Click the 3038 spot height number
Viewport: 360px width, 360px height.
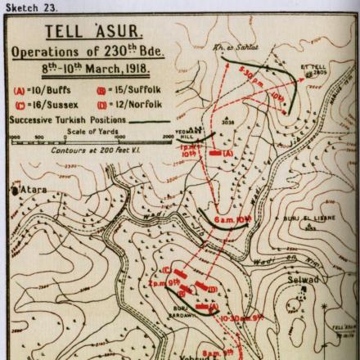(227, 141)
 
